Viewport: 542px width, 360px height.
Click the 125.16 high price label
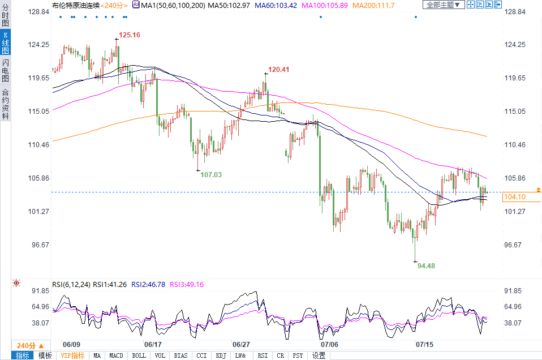(x=130, y=35)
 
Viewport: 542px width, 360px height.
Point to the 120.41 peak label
(x=278, y=70)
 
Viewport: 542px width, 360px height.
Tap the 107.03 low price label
(x=211, y=175)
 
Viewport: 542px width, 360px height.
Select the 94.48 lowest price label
(x=426, y=265)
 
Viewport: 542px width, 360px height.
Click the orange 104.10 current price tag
(x=514, y=197)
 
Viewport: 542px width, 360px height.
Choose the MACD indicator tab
(x=116, y=355)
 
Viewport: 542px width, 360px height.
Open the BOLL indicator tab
(x=139, y=355)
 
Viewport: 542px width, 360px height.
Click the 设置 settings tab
(x=319, y=355)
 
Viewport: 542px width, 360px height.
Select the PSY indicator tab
(x=298, y=355)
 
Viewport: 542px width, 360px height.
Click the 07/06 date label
(x=329, y=344)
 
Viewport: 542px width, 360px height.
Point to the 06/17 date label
(x=153, y=344)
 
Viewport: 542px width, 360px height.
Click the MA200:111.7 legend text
(x=373, y=5)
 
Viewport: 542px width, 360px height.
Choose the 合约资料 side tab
(x=5, y=105)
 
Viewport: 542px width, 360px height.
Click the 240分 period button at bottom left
(x=29, y=345)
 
